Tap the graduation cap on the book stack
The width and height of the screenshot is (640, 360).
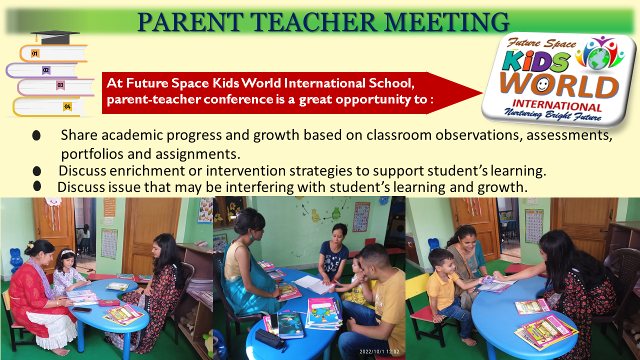click(55, 37)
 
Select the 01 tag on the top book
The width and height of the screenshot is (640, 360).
click(35, 53)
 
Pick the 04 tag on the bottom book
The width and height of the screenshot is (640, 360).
click(67, 106)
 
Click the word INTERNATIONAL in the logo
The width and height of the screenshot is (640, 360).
click(557, 105)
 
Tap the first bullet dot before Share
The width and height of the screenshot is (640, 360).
click(36, 135)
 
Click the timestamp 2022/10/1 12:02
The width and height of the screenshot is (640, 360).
click(379, 351)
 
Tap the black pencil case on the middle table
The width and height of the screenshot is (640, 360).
click(269, 339)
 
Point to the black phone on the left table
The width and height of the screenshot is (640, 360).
click(81, 309)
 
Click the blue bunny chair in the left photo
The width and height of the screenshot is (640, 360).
click(16, 260)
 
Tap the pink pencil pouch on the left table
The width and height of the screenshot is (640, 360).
click(109, 302)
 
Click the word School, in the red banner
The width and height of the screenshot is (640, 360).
click(391, 83)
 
